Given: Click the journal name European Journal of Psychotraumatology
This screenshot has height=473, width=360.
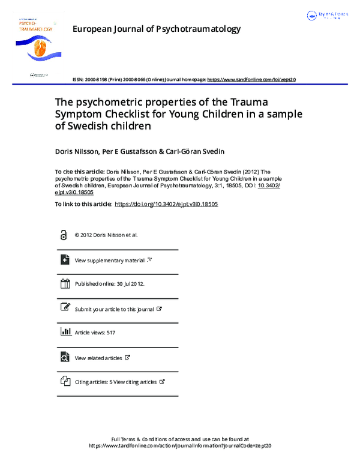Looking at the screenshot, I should (156, 29).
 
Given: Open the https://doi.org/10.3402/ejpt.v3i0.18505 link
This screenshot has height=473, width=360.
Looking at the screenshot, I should (166, 204).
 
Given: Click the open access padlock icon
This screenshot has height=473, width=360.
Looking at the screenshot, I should (64, 235).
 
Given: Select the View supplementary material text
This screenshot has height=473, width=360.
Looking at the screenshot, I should (110, 261).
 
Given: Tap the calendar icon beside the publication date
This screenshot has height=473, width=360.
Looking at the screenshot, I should (65, 284).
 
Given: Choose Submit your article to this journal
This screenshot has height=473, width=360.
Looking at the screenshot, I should (115, 309).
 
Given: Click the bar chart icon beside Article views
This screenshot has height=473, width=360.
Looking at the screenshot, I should (65, 332).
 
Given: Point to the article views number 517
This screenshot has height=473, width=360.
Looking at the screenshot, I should (110, 333).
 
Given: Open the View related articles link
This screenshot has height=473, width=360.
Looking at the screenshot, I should (98, 358).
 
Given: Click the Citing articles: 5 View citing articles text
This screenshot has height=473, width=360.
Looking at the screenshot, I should (116, 382).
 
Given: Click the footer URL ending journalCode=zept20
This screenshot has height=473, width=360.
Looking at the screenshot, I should (180, 446).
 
